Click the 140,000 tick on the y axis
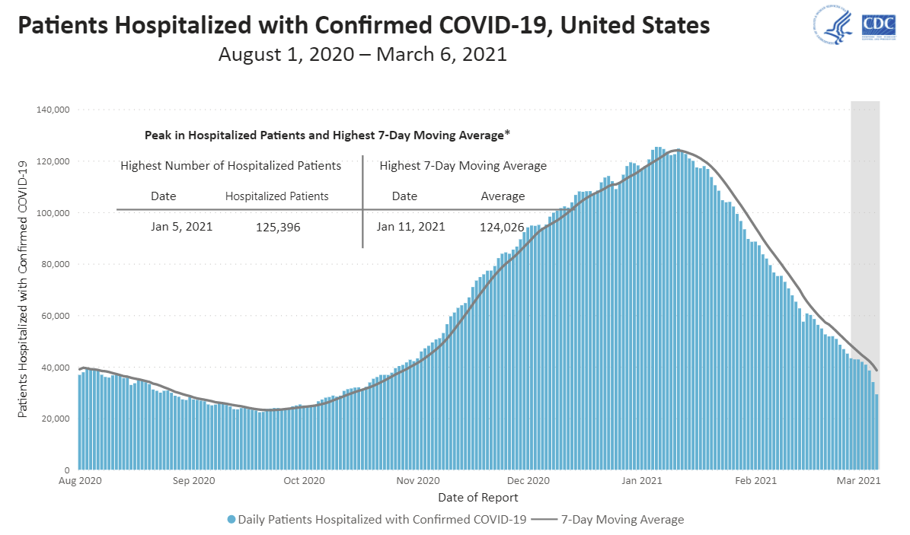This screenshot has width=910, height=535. point(53,110)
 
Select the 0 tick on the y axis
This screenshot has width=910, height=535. point(68,470)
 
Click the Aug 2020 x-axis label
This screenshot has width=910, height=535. point(80,481)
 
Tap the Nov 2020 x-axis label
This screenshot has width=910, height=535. point(418,481)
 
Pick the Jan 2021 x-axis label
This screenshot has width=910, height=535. point(640,481)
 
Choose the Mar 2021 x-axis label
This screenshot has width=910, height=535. point(859,481)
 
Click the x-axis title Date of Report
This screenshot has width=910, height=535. point(478,498)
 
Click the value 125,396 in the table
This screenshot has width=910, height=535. point(279,227)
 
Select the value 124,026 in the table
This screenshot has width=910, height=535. point(503,227)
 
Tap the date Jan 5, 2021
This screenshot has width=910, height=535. point(181,226)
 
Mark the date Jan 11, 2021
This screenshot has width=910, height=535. point(410,226)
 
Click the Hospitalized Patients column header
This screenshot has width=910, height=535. point(276,196)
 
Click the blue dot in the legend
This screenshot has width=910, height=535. point(231,520)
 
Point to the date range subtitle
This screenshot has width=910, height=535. point(362,55)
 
